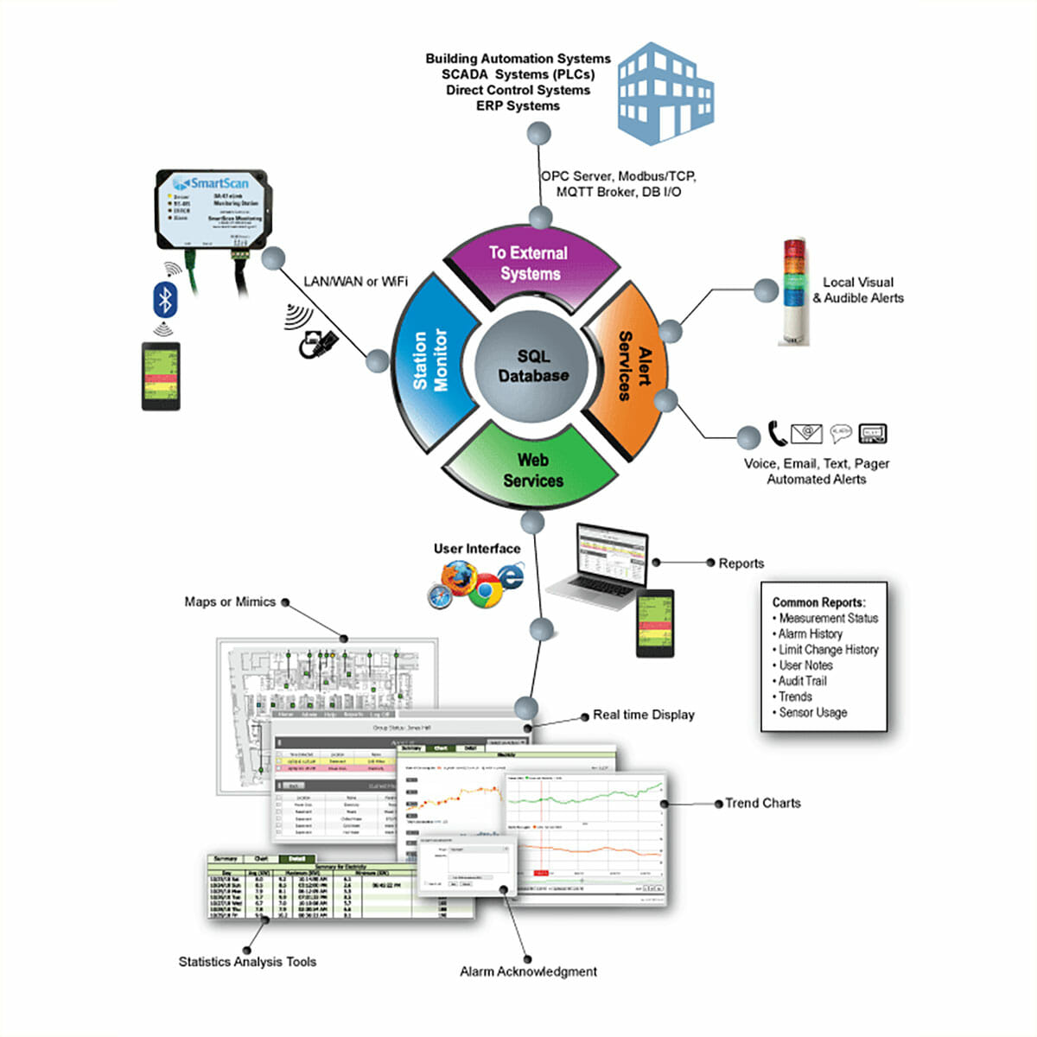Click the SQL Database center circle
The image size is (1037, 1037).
click(532, 366)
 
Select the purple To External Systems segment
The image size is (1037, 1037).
click(529, 263)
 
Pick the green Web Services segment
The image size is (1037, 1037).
click(532, 469)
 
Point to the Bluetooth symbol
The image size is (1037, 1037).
click(164, 299)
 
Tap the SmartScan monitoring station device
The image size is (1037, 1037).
click(211, 207)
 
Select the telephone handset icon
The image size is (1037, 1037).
click(777, 433)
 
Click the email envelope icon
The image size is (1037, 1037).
click(806, 433)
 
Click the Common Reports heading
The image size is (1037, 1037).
click(818, 602)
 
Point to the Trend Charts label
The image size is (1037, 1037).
click(762, 803)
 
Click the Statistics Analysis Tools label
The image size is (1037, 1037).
click(247, 962)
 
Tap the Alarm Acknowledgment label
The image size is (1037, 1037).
click(528, 971)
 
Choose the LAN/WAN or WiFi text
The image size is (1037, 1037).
click(355, 282)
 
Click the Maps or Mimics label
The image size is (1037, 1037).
click(230, 601)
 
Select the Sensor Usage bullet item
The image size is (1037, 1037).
click(812, 713)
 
